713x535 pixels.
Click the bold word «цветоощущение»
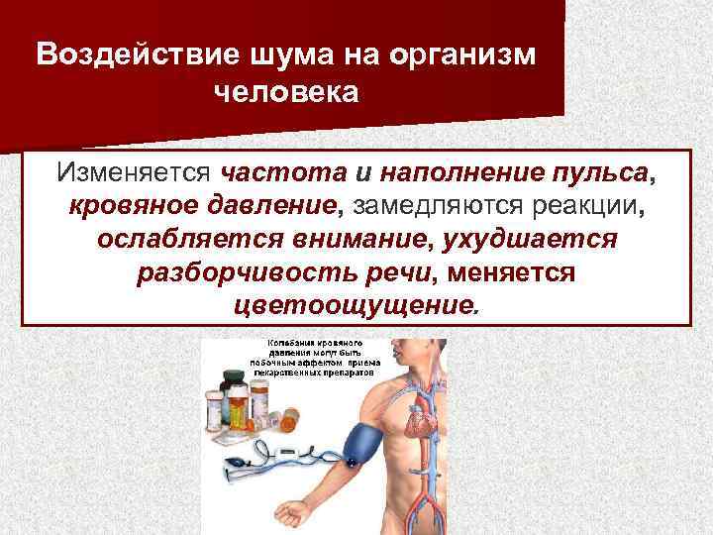coord(353,304)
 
